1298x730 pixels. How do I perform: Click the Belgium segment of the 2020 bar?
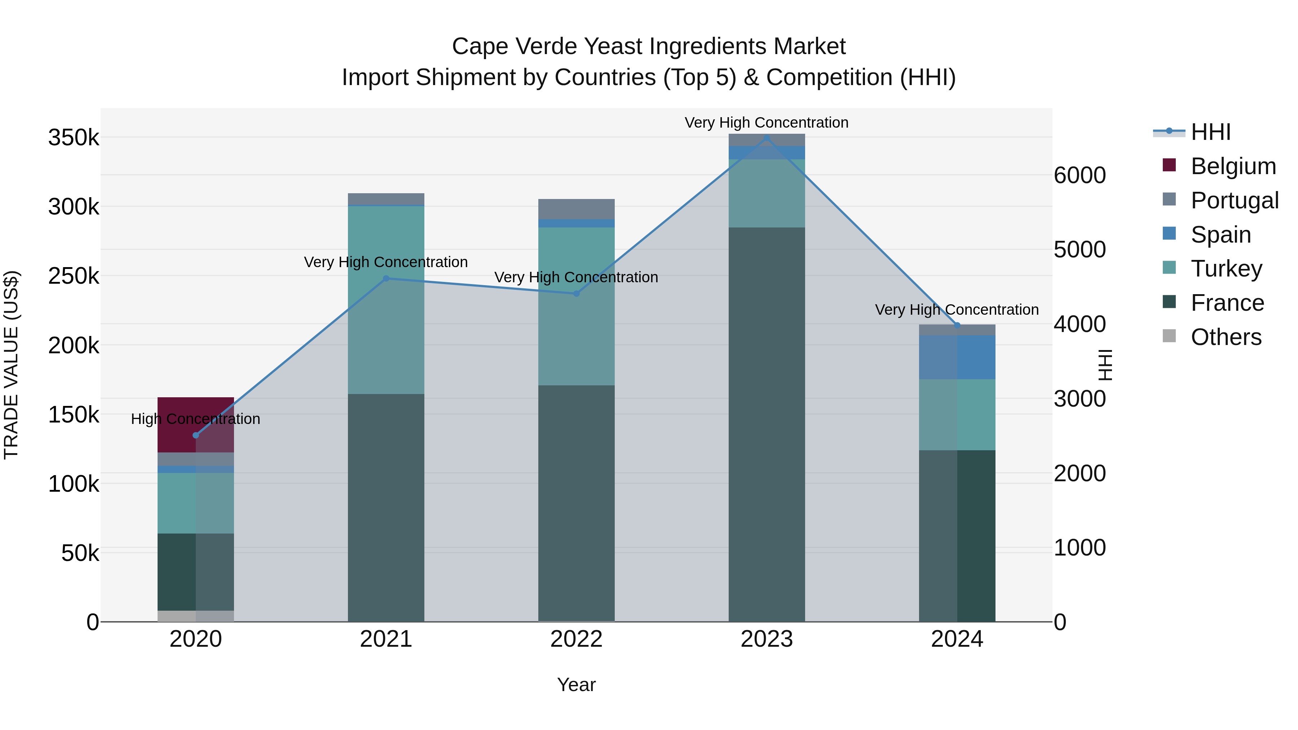176,424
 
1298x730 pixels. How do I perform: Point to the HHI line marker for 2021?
386,278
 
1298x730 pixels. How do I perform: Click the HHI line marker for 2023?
767,138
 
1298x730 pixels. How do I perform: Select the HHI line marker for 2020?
196,435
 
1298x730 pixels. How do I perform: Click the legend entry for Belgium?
1232,166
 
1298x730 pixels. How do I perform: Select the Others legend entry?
1226,337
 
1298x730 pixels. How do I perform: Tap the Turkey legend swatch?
1169,267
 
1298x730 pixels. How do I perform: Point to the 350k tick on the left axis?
74,138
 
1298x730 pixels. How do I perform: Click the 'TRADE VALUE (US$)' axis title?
11,365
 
